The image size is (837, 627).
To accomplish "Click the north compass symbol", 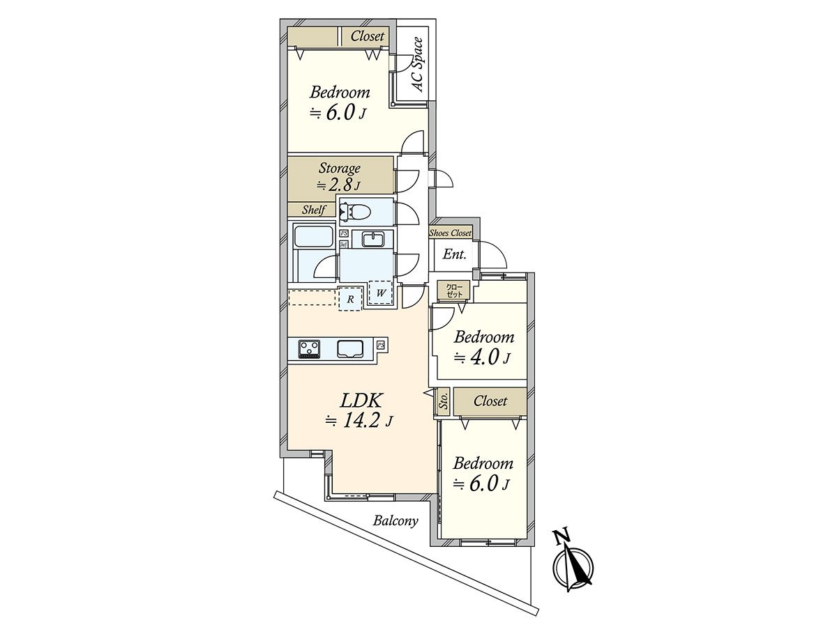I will pos(572,566).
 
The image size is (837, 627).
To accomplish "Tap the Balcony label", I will pos(395,520).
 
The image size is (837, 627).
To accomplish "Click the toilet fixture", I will pos(358,211).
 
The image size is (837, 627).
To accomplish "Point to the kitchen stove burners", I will pos(309,347).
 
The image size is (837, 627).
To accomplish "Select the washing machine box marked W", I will pos(381,293).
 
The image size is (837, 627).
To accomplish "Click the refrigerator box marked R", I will pos(350,299).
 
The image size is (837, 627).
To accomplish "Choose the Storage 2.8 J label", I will pos(340,176).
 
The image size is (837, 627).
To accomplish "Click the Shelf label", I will pos(313,210).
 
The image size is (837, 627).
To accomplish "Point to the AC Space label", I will pos(417,65).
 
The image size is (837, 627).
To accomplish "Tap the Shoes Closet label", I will pos(451,233).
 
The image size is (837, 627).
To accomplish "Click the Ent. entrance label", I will pos(454,255).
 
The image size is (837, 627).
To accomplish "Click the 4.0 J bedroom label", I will pos(483,348).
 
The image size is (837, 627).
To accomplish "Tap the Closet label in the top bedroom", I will pos(367,36).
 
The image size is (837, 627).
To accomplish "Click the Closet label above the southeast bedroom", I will pos(490,401).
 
